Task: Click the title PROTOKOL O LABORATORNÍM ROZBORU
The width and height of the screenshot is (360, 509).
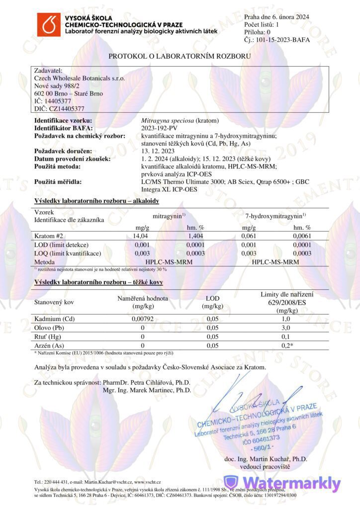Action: click(180, 56)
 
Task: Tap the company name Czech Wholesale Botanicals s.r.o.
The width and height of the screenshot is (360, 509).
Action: click(80, 78)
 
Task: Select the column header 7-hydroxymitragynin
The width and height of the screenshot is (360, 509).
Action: click(275, 217)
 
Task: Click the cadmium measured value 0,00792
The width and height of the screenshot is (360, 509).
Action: click(143, 319)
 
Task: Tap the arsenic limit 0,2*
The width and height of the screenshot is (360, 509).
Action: click(285, 345)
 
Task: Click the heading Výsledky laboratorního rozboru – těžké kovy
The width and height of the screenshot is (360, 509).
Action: click(98, 282)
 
